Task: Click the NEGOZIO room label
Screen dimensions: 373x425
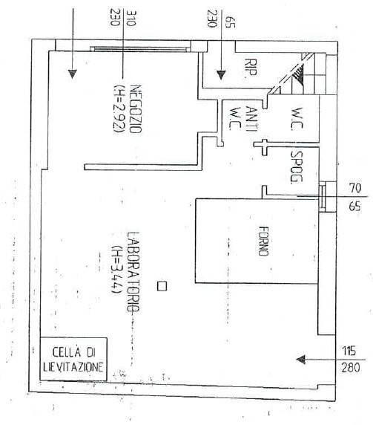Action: (x=136, y=109)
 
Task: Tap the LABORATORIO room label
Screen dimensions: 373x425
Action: (x=133, y=272)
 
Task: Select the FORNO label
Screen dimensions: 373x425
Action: (x=263, y=241)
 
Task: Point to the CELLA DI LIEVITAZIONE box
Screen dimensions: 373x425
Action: (x=73, y=359)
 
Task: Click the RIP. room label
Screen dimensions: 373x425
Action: (x=251, y=67)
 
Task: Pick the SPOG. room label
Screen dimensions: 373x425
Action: (x=297, y=166)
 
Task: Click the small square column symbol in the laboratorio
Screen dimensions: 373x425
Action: (x=162, y=286)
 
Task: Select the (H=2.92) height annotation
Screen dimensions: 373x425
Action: (x=119, y=109)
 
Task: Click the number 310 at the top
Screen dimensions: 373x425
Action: (x=131, y=18)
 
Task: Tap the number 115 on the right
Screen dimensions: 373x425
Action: (x=349, y=351)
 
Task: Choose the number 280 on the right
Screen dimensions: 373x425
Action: (x=351, y=368)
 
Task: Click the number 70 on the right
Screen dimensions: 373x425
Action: (x=354, y=188)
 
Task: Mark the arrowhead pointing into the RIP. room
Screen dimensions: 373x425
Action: (x=221, y=75)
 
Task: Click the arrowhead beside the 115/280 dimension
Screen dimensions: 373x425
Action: (x=301, y=360)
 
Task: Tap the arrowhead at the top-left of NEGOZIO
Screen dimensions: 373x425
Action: (x=72, y=74)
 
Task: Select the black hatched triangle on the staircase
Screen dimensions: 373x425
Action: (x=299, y=73)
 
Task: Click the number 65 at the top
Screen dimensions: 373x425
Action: (x=230, y=22)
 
